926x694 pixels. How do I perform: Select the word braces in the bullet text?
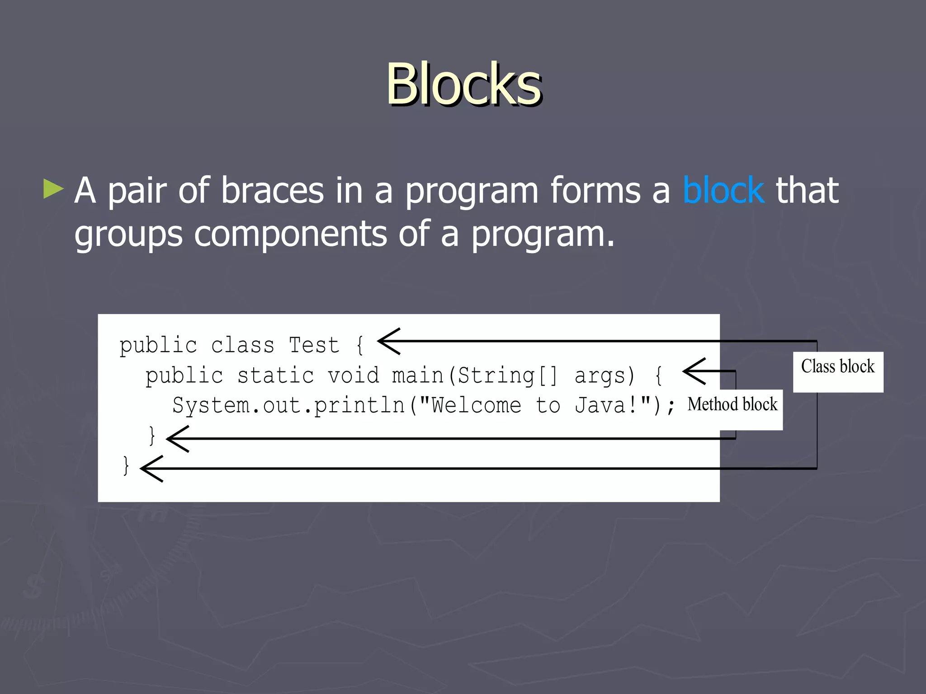(272, 191)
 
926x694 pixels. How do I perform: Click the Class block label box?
(838, 371)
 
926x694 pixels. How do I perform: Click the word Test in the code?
(314, 346)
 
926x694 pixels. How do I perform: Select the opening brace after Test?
(360, 346)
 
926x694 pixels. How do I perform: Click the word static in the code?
(275, 376)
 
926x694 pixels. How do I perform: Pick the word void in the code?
(353, 376)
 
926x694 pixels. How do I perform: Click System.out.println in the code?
(288, 405)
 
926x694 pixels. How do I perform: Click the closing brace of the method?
(152, 436)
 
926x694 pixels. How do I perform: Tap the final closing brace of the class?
(126, 466)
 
